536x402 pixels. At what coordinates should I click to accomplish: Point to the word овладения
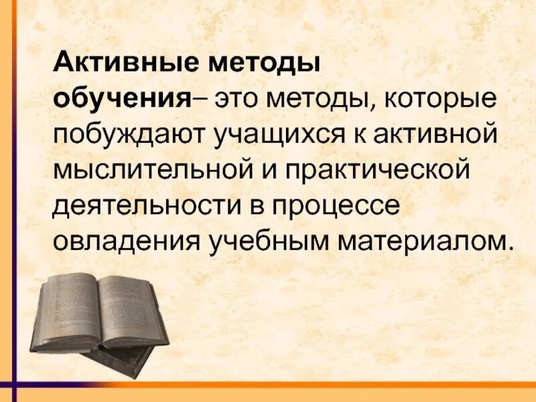[126, 241]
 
